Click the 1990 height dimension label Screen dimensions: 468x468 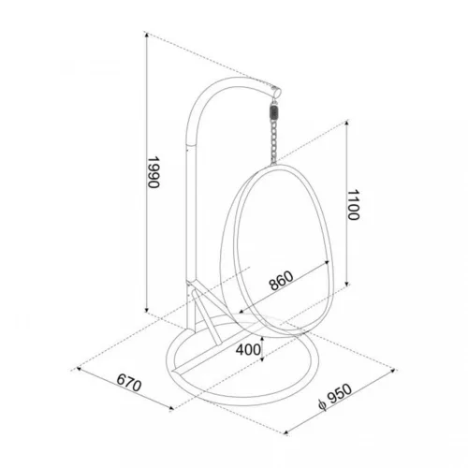[x=154, y=172]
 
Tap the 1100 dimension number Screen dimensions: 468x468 [x=353, y=205]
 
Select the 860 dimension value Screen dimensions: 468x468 [x=281, y=281]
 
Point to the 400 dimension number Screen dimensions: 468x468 [x=248, y=350]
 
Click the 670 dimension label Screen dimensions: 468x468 [x=129, y=383]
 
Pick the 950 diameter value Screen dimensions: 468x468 [x=340, y=393]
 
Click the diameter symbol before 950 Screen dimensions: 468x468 [x=322, y=405]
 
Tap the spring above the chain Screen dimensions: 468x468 [x=274, y=112]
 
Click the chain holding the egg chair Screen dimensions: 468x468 [x=273, y=142]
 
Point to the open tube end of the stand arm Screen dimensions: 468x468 [x=277, y=93]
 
